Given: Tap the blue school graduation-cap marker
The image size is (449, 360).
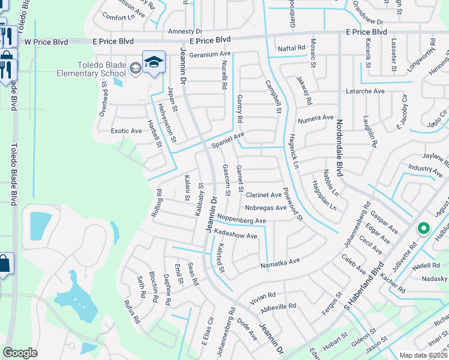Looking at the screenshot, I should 154,62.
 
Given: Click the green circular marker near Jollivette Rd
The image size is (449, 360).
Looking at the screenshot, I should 423,228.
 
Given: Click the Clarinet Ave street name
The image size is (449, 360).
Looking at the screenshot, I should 264,195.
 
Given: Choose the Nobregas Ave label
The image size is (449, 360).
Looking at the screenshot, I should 266,208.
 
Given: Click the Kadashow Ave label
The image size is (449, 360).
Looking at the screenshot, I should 235,235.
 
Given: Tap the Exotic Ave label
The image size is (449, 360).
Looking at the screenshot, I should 127,130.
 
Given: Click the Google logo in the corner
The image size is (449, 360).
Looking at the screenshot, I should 20,352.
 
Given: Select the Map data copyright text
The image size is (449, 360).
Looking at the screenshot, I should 423,355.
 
